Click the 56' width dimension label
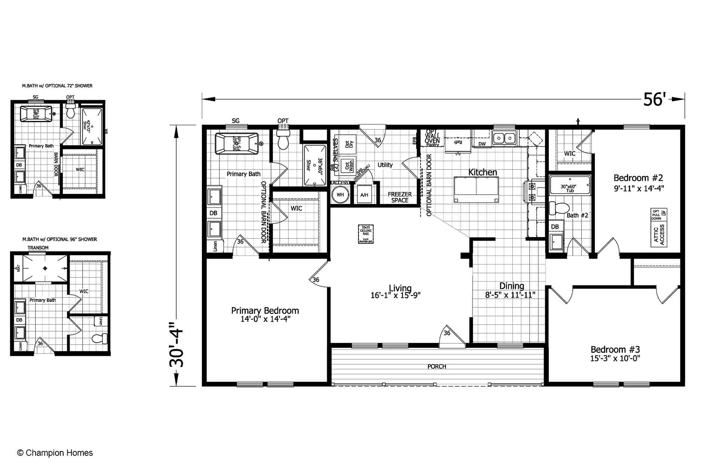tap(654, 100)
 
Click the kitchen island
tap(476, 189)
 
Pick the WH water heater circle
tap(340, 195)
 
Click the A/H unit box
tap(364, 195)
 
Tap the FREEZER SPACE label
tap(400, 197)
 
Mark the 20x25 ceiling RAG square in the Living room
tap(366, 234)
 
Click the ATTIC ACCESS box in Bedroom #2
tap(659, 235)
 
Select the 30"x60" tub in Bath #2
tap(569, 186)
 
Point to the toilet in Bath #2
tap(558, 208)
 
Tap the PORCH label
tap(437, 367)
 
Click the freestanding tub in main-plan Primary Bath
tap(237, 143)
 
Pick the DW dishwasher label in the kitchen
tap(482, 144)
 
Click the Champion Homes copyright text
tap(55, 453)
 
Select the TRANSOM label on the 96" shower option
tap(38, 248)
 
